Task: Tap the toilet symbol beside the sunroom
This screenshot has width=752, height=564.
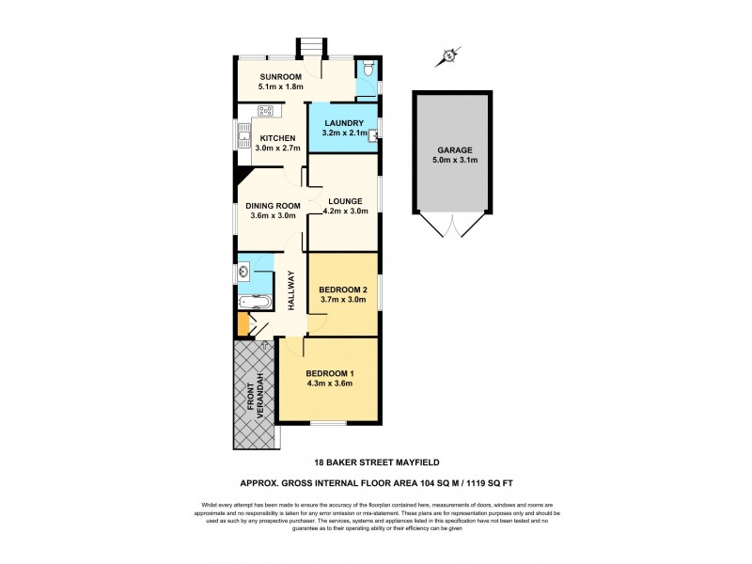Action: [370, 69]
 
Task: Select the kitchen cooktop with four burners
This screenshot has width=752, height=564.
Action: [266, 113]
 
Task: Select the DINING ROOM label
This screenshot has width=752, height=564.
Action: [273, 205]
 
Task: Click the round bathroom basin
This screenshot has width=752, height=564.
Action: [244, 273]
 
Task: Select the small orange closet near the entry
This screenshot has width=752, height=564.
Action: [243, 325]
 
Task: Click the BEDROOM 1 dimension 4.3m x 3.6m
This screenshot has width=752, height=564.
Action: [329, 384]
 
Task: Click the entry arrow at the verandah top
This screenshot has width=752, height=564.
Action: [265, 344]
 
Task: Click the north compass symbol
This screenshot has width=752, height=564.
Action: [448, 56]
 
